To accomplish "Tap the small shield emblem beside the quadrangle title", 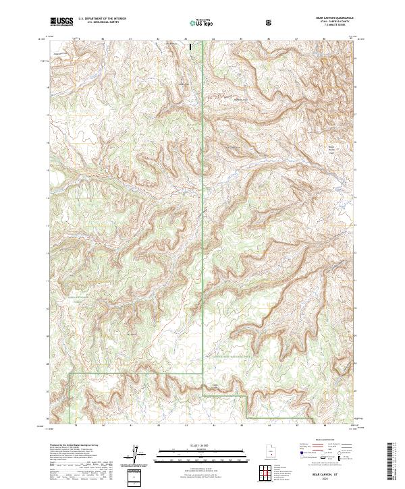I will click(269, 23).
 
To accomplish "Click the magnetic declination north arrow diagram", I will click(135, 452).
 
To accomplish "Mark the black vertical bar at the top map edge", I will click(190, 48).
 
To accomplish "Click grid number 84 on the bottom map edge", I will click(213, 426).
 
